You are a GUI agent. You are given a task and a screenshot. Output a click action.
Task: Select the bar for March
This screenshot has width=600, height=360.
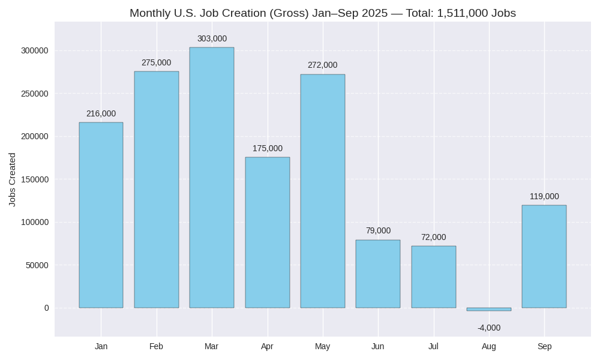click(212, 178)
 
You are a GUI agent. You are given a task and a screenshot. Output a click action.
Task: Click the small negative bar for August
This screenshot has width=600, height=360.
click(489, 309)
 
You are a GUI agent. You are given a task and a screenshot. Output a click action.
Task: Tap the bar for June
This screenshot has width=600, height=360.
click(378, 274)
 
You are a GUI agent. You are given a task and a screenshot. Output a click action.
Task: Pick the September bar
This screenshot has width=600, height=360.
click(544, 256)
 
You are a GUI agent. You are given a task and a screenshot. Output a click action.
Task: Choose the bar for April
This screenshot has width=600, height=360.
click(267, 232)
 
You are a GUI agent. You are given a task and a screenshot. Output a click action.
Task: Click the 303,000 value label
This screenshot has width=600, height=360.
click(212, 39)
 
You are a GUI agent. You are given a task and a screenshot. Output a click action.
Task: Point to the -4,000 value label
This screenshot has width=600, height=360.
click(489, 328)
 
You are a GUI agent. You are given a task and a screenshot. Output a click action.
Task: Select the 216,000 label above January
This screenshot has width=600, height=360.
click(101, 114)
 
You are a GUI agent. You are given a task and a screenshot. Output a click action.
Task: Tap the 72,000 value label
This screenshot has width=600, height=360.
click(433, 238)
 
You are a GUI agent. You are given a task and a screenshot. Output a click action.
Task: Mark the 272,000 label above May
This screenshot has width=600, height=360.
click(322, 65)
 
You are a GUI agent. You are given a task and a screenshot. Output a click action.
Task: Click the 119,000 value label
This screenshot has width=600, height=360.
click(544, 197)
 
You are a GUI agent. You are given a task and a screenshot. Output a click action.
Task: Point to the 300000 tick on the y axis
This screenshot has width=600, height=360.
click(35, 51)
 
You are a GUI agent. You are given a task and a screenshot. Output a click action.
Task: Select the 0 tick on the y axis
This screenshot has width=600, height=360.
click(46, 308)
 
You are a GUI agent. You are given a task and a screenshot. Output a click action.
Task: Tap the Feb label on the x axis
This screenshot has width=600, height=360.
click(156, 346)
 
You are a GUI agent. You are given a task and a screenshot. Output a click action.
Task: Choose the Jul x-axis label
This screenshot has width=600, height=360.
click(433, 346)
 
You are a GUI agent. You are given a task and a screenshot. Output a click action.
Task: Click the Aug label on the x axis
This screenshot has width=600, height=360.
click(489, 346)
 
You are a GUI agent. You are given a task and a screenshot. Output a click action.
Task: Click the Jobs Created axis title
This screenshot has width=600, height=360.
click(12, 179)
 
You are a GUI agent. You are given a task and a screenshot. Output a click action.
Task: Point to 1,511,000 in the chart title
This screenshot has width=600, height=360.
click(463, 13)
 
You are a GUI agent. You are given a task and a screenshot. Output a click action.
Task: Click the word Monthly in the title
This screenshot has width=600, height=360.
click(150, 13)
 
